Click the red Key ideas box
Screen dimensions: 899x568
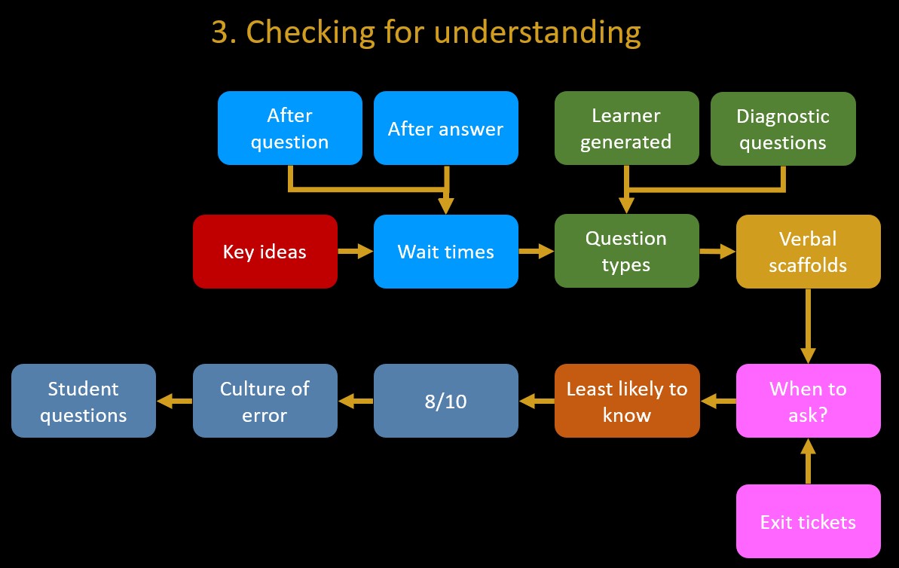point(265,252)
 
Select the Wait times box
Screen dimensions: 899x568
point(446,252)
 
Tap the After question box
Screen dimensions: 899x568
point(290,128)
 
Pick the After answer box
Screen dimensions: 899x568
point(446,128)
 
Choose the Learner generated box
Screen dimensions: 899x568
point(627,128)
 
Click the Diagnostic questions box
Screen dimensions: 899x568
point(783,128)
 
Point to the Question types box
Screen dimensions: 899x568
point(627,251)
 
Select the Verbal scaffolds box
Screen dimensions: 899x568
point(809,252)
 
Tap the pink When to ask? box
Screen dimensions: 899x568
point(809,401)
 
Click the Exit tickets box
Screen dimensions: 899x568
point(809,521)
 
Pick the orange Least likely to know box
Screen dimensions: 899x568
point(627,401)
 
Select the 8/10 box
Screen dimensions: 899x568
point(446,401)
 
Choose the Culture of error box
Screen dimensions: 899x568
point(265,401)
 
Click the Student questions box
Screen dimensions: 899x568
point(84,401)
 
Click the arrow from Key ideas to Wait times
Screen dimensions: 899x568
point(356,251)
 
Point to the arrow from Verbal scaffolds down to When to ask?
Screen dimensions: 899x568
point(808,326)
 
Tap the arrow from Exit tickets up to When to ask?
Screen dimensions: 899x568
point(808,461)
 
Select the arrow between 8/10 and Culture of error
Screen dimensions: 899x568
point(356,401)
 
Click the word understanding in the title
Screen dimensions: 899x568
point(537,32)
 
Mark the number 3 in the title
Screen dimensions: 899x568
point(221,32)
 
